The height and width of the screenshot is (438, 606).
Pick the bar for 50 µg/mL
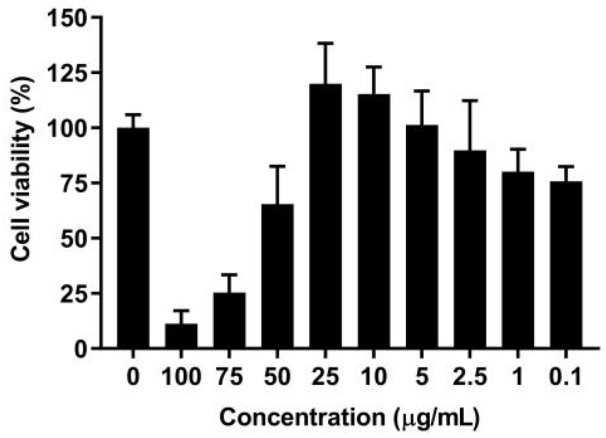[277, 276]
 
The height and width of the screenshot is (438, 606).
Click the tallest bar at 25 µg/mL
[326, 216]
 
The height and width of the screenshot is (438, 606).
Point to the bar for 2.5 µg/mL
[470, 249]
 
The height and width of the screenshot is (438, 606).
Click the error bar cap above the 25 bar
[326, 43]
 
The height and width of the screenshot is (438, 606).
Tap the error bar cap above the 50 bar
[277, 166]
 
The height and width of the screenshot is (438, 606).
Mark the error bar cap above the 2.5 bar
[470, 100]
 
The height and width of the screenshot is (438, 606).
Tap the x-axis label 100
[181, 377]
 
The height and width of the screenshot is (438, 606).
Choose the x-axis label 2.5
[470, 377]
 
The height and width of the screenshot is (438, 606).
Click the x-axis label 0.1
[566, 377]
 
